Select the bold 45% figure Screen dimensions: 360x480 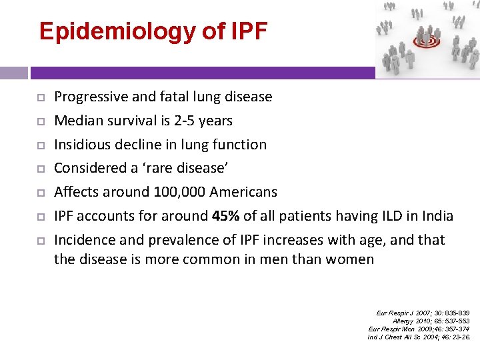(x=226, y=216)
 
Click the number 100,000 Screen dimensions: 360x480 (x=179, y=192)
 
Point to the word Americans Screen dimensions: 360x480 (x=243, y=192)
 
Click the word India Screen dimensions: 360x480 (x=437, y=216)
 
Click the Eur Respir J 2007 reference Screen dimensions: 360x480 (x=423, y=313)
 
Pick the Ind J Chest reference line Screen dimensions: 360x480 (x=419, y=337)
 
